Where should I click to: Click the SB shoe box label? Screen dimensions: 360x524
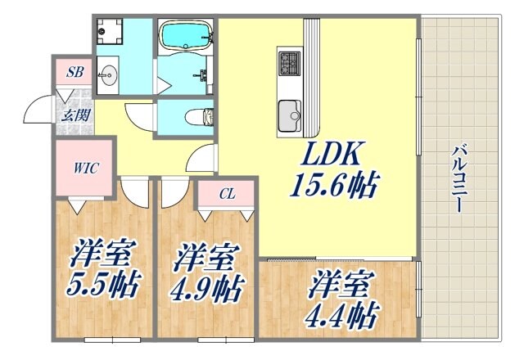point(75,73)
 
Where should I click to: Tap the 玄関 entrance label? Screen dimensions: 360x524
point(75,115)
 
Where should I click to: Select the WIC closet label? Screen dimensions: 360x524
point(87,169)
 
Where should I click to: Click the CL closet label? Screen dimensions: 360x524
point(228,194)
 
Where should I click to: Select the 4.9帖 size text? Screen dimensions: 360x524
point(206,288)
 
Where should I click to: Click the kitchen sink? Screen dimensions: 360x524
point(290,115)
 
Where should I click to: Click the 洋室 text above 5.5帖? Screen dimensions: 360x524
point(102,253)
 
